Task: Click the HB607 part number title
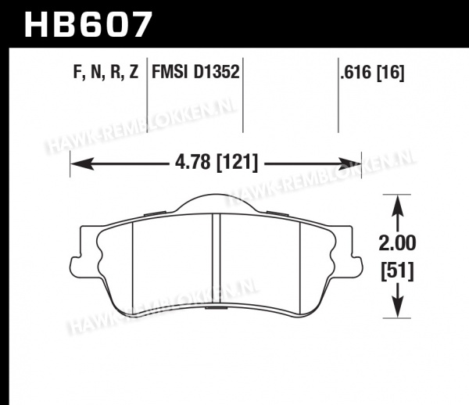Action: click(88, 24)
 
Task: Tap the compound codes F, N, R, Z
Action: click(106, 72)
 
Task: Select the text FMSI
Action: click(170, 72)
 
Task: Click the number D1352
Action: click(217, 72)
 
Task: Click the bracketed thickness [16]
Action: click(391, 73)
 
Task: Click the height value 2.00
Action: click(397, 242)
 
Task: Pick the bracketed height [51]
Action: click(397, 271)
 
